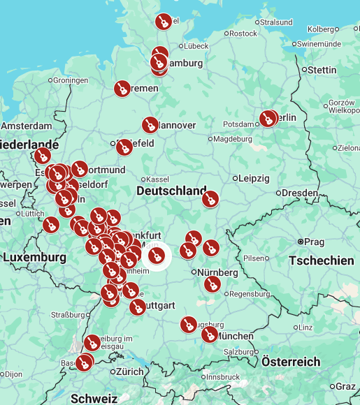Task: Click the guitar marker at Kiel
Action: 163,22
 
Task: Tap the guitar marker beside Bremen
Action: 122,88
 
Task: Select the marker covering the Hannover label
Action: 150,125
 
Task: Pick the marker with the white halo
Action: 157,256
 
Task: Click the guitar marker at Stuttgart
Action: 138,307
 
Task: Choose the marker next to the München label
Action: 209,334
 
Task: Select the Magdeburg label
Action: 232,139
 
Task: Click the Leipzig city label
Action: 253,178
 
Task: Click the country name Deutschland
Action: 171,191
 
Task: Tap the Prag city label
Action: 314,242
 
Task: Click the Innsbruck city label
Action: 222,377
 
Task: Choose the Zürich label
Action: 129,371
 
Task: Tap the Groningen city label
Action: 70,80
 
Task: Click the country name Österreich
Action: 291,362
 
